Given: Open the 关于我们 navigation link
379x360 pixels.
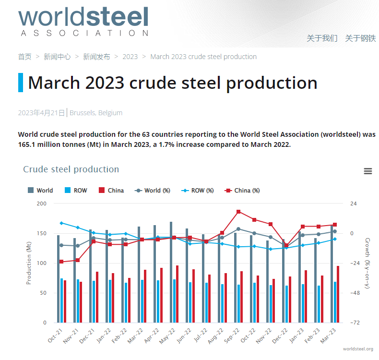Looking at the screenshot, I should point(322,38).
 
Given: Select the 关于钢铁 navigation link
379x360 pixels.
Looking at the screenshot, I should point(360,38).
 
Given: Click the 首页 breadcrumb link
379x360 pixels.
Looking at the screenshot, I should point(25,57).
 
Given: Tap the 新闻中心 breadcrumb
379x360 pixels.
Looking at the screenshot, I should point(57,57).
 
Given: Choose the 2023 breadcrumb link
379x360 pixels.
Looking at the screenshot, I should point(130,57).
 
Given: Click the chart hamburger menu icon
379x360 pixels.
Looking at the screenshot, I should point(368,171).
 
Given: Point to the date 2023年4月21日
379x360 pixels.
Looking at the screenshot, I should point(41,113).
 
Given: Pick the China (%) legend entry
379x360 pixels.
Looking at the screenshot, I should point(242,191).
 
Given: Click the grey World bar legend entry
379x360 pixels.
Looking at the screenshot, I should point(41,191).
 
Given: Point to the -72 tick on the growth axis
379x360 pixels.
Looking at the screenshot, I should point(355,323).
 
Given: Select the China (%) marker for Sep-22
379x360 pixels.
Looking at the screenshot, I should point(238,212).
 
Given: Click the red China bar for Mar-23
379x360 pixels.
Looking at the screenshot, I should point(338,294).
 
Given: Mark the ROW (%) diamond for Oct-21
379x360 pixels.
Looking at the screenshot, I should point(61,223).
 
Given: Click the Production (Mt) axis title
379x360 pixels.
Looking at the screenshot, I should point(29,263).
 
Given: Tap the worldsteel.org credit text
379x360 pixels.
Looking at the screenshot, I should point(358,349).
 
